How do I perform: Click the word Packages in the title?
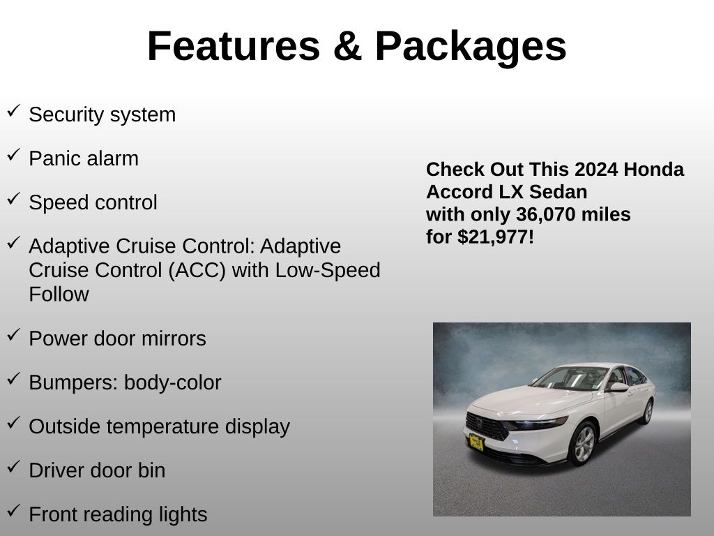471,47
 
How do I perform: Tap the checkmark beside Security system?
14,110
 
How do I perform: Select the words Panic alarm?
84,158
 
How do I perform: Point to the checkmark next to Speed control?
14,198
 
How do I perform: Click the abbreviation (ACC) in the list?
197,270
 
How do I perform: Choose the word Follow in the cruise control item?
59,295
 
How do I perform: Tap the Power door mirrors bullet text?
117,338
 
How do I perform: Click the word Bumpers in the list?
73,383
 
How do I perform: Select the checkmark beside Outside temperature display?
14,422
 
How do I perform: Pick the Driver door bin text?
97,471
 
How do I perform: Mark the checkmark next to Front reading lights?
14,510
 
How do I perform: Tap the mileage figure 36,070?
545,215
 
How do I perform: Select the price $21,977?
493,237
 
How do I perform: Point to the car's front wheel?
584,443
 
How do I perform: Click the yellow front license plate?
476,442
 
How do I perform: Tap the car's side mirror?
618,387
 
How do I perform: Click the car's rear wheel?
647,412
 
